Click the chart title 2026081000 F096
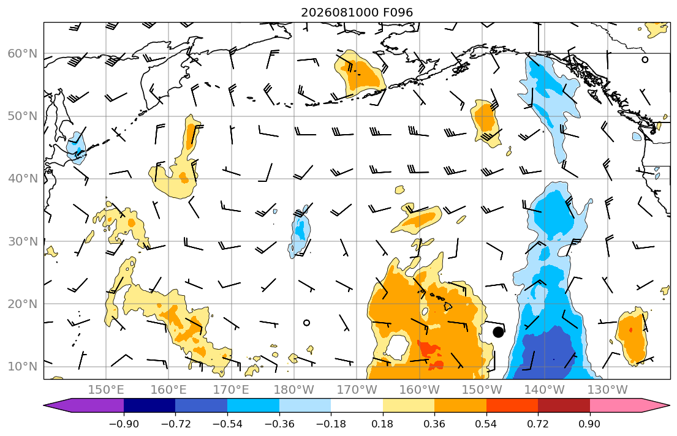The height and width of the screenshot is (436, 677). (x=357, y=12)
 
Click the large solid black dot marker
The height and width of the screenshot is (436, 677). (x=498, y=332)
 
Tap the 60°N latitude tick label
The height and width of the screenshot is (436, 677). (x=23, y=53)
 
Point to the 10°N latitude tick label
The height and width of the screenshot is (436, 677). (x=23, y=367)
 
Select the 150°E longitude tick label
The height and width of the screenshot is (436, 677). (x=106, y=390)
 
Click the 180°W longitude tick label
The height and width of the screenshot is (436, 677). (x=294, y=390)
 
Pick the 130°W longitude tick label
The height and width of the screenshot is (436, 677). (x=608, y=390)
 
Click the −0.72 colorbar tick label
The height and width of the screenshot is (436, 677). (x=175, y=424)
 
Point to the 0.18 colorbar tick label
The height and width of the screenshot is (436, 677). (x=382, y=424)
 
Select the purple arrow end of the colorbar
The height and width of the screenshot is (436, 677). (x=83, y=405)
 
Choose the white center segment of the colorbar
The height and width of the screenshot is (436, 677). (x=357, y=405)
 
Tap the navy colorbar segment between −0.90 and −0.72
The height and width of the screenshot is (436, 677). (x=149, y=405)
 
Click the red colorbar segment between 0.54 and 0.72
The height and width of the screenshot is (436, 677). (x=512, y=405)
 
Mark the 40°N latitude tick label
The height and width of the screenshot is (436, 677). (x=23, y=179)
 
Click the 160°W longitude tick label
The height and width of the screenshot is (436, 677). (x=419, y=390)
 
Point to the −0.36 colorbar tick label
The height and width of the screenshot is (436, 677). (x=279, y=424)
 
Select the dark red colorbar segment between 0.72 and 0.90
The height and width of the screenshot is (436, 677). (x=564, y=405)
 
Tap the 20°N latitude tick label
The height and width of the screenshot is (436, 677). (x=23, y=304)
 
